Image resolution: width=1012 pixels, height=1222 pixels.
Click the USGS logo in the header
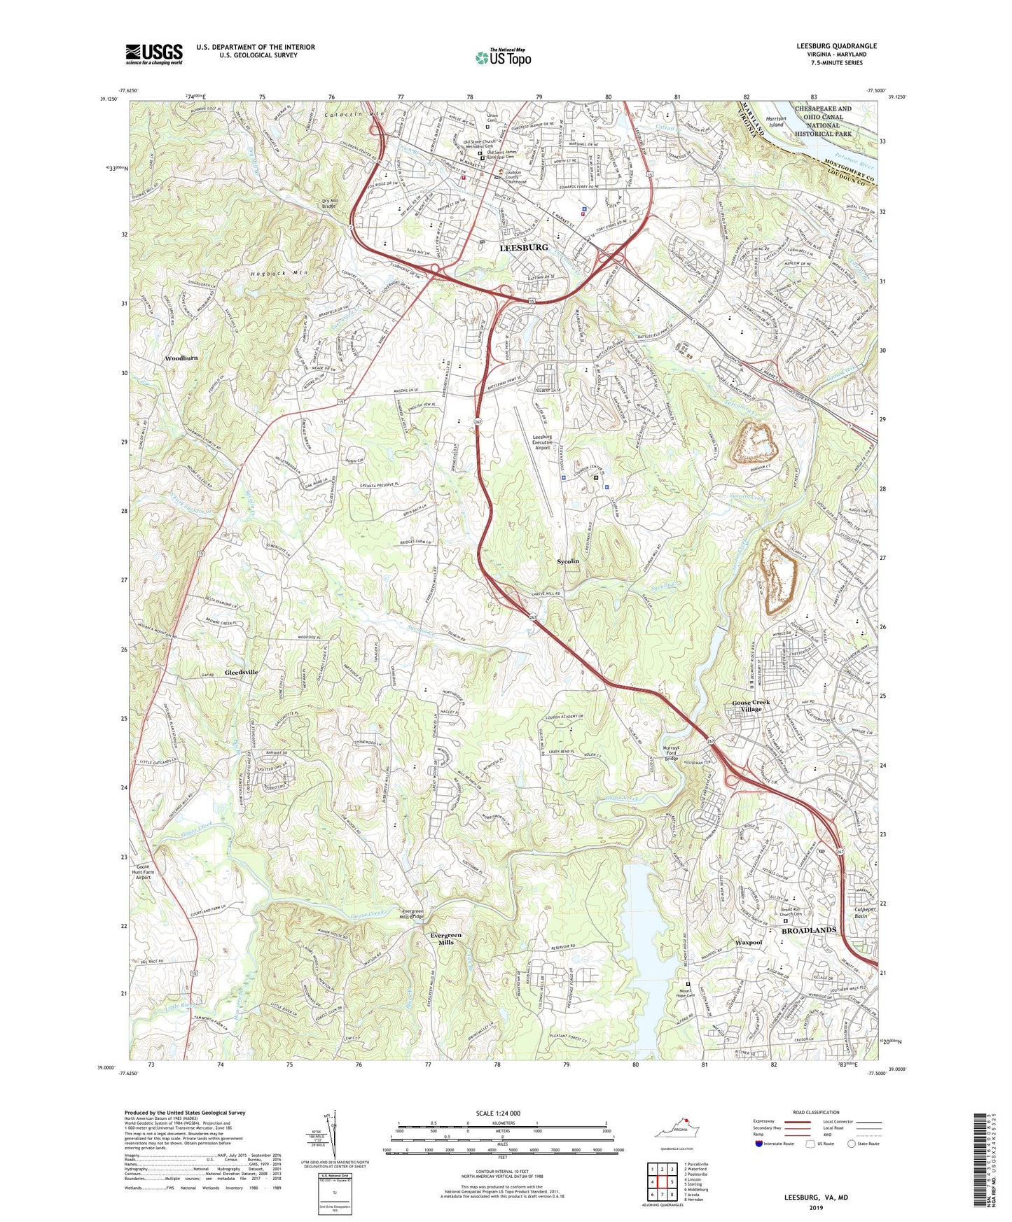pos(154,53)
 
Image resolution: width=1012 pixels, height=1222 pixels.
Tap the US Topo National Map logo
pos(503,57)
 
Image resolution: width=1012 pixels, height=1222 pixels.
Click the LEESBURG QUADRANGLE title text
pos(836,46)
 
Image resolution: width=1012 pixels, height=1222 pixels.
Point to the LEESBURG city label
pos(523,248)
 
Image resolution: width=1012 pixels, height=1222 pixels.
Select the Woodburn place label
pos(181,358)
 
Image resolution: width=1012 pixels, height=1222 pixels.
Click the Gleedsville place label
pos(242,672)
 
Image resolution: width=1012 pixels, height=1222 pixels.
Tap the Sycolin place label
pos(567,561)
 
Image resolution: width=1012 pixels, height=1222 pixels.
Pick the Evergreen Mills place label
pos(446,939)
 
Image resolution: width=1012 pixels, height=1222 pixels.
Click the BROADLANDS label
pos(808,930)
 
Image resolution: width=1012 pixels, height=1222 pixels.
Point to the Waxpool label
pos(749,942)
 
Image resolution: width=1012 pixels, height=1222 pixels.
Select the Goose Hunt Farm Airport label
pos(143,871)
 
